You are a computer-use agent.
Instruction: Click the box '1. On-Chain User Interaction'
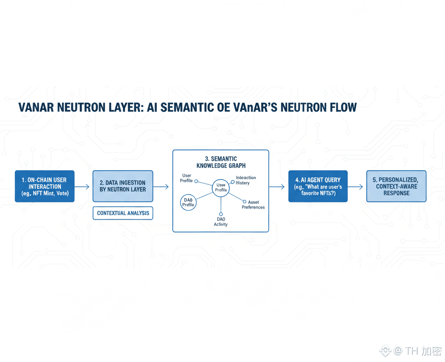[x=45, y=186]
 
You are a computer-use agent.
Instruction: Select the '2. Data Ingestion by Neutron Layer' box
[x=123, y=186]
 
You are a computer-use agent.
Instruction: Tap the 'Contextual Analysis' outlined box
[x=123, y=213]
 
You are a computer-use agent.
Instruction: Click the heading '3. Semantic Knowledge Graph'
[x=221, y=162]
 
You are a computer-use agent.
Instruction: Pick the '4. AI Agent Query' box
[x=318, y=186]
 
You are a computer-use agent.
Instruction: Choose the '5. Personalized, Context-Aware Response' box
[x=396, y=186]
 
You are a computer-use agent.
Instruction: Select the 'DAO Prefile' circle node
[x=189, y=202]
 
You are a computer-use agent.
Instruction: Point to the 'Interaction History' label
[x=246, y=180]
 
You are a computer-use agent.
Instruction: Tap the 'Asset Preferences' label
[x=253, y=204]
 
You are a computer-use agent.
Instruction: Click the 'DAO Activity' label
[x=221, y=221]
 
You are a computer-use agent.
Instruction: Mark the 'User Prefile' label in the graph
[x=186, y=178]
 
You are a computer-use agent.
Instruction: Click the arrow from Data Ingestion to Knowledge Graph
[x=162, y=187]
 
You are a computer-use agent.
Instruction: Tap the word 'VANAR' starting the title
[x=35, y=107]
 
